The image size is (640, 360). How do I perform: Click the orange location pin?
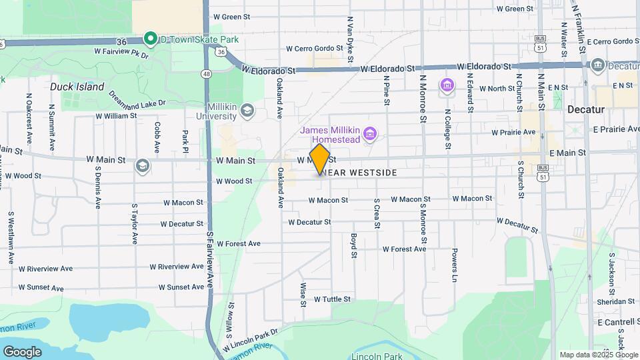click(320, 159)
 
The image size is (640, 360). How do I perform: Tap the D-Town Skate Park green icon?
click(150, 39)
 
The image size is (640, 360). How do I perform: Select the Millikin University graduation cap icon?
click(247, 110)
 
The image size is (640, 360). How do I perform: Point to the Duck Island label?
click(77, 87)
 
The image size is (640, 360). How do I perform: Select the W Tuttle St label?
click(331, 300)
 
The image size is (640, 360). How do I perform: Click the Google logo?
click(22, 351)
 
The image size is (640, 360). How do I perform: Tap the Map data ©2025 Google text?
click(598, 355)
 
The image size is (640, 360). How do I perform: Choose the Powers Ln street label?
click(455, 262)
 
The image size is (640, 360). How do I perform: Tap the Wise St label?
click(303, 294)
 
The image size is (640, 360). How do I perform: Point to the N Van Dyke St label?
click(349, 40)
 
